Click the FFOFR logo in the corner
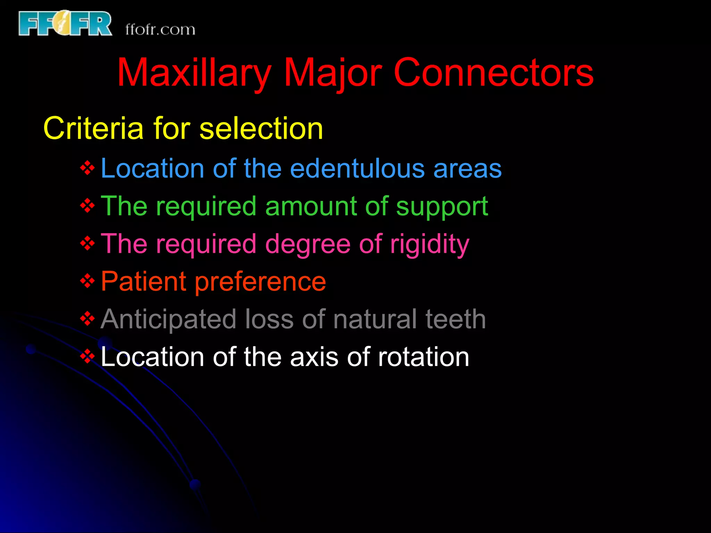[65, 24]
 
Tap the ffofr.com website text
[160, 29]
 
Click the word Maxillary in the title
[194, 73]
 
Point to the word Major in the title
[333, 73]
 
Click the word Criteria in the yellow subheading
[93, 128]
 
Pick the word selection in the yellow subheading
[261, 128]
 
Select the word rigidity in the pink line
[429, 244]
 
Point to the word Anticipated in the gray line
[169, 319]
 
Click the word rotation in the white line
[423, 357]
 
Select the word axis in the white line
[314, 357]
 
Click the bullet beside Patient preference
[87, 281]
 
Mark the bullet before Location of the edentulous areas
[87, 168]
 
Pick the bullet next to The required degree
[87, 243]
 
